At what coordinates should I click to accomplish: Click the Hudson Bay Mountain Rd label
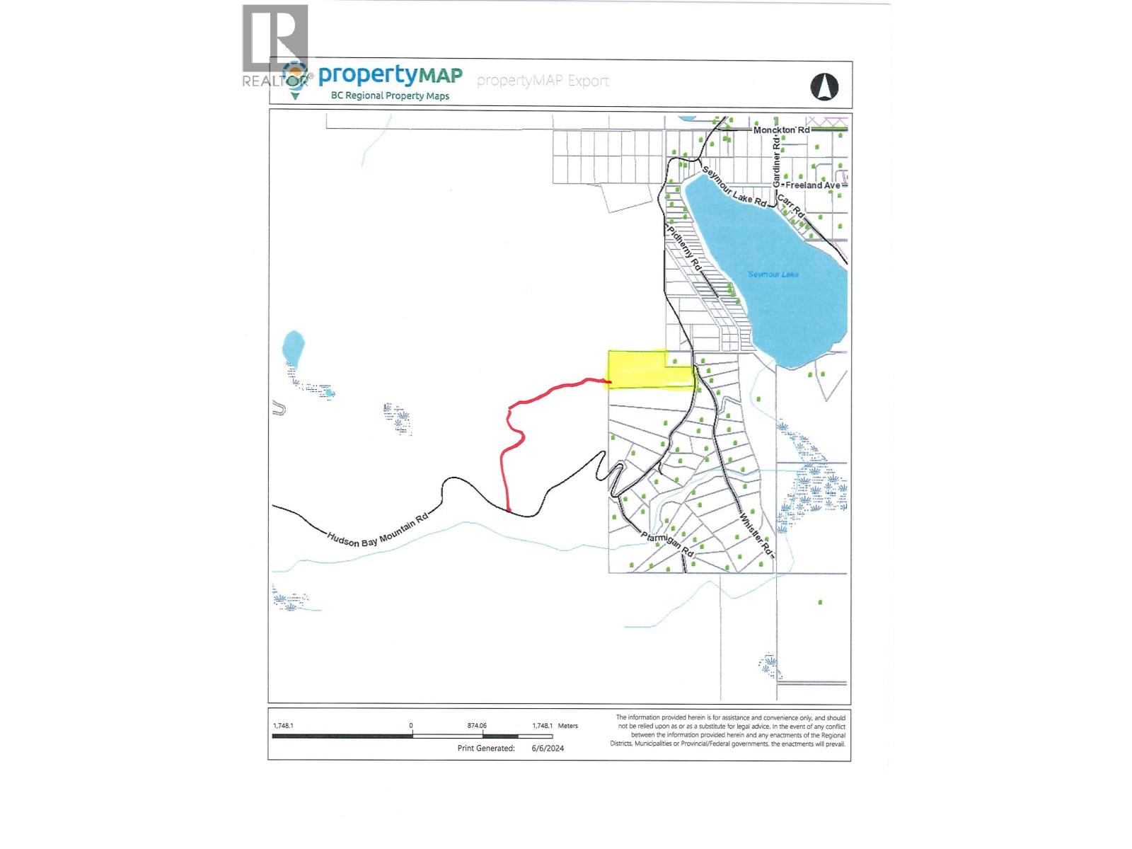point(378,530)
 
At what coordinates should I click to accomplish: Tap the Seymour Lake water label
point(773,275)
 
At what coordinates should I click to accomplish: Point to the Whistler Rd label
point(755,535)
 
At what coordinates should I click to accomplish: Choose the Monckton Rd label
point(781,130)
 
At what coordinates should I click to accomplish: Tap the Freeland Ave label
point(813,185)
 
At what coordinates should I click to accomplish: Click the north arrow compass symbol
point(824,87)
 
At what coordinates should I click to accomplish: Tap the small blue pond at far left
point(292,347)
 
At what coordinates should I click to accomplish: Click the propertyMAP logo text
point(390,76)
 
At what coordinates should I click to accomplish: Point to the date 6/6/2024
point(548,748)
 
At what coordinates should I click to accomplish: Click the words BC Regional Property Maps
point(390,96)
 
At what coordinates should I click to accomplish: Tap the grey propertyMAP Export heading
point(543,81)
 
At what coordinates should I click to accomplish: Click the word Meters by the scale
point(567,725)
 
